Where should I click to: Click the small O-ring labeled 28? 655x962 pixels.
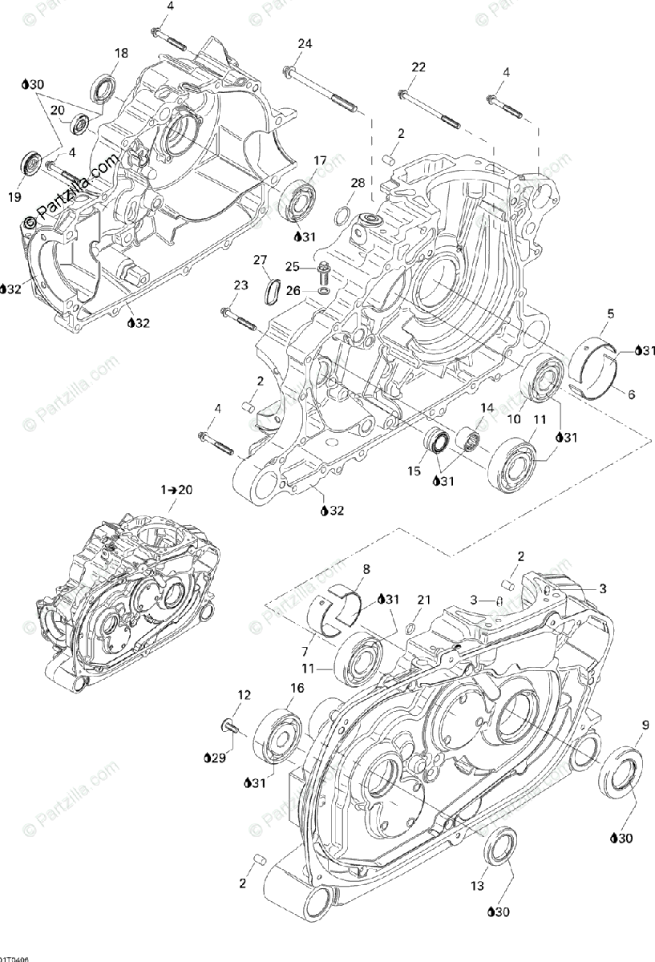(341, 214)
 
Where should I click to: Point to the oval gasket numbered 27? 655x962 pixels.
(272, 287)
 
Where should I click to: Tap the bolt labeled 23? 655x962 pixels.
(241, 318)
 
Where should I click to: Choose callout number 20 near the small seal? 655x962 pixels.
(57, 110)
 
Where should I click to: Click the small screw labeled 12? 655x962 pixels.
(230, 726)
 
